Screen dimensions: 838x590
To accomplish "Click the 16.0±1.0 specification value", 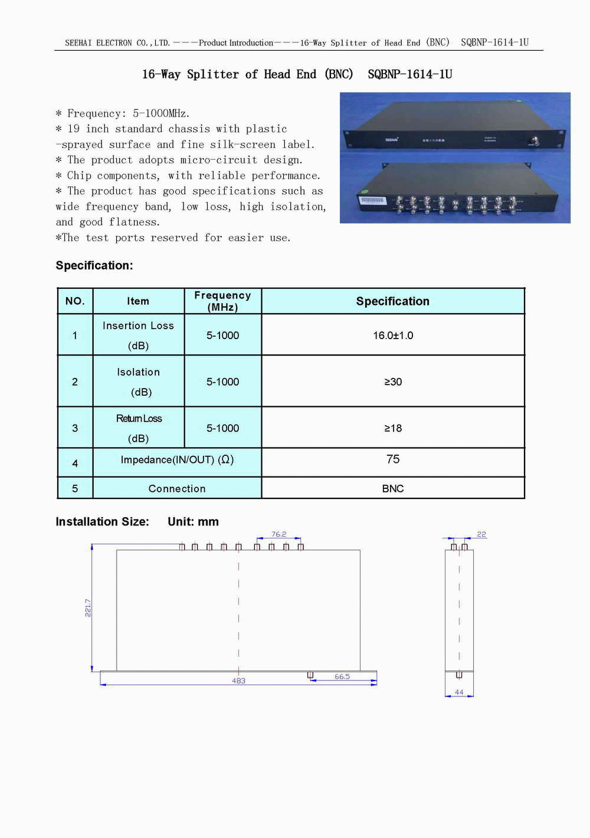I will (x=393, y=336).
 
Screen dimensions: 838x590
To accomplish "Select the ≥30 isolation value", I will (x=393, y=382).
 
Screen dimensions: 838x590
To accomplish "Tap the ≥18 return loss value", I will (x=393, y=428).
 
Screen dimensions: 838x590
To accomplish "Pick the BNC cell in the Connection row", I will (x=393, y=489).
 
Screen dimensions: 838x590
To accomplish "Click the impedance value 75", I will (x=393, y=459).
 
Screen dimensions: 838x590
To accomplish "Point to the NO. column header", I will (x=75, y=301).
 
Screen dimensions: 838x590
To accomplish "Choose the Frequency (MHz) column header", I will (x=222, y=301).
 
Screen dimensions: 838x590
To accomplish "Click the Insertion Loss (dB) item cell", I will (x=138, y=335).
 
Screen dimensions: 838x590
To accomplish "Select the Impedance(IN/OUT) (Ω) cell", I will (x=177, y=460).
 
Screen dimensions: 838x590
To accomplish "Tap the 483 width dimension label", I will (x=238, y=681).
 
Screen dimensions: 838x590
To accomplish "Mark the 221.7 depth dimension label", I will (x=88, y=608).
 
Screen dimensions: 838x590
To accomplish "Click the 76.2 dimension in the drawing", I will (x=278, y=534).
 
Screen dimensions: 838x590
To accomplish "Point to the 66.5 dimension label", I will (x=342, y=677).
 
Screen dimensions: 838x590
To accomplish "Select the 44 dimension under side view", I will (x=459, y=692).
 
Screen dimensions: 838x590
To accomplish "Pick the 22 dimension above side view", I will (x=481, y=534).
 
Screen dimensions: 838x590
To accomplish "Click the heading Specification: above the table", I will (x=94, y=266).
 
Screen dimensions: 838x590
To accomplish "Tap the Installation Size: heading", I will (x=102, y=522).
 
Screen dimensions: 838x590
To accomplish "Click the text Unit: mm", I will (x=193, y=522).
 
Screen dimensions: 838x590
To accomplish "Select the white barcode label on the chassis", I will (x=372, y=201).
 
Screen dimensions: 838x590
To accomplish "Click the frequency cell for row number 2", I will (x=222, y=382).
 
